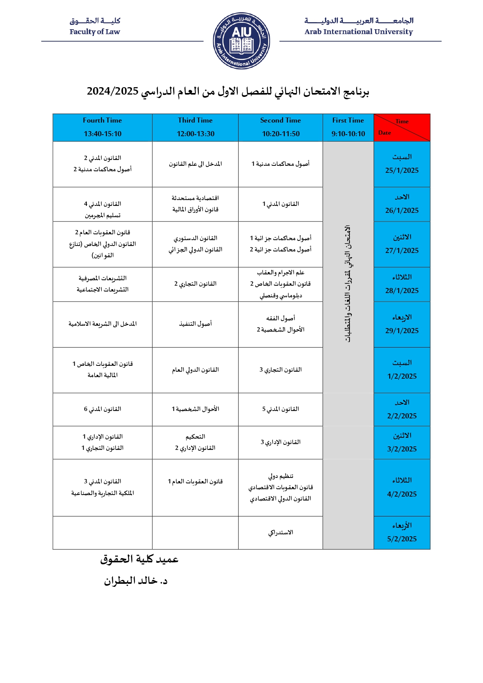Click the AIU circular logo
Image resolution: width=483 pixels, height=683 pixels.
coord(241,41)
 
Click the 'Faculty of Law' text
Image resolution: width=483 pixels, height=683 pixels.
coord(95,32)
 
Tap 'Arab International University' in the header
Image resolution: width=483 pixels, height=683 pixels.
coord(358,32)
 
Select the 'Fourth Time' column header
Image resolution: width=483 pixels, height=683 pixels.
coord(102,120)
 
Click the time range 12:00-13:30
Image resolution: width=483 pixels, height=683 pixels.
coord(195,134)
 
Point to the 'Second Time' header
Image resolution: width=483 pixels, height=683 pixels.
coord(280,120)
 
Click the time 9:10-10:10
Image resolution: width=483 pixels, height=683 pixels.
coord(348,134)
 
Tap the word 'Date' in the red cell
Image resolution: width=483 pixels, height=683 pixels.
coord(385,133)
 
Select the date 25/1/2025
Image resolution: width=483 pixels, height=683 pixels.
coord(402,170)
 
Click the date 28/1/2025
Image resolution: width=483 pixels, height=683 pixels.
coord(402,291)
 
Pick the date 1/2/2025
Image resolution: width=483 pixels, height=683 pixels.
coord(402,376)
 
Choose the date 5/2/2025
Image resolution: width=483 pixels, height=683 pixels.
coord(402,539)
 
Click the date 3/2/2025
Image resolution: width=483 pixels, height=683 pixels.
coord(402,449)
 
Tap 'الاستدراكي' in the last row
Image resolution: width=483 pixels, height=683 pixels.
coord(281,532)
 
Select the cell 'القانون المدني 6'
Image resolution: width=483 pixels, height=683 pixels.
coord(102,409)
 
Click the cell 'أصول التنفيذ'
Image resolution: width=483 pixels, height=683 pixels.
coord(195,324)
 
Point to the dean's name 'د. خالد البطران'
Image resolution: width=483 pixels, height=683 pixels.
coord(135,581)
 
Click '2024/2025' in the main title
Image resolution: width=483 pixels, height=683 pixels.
coord(112,91)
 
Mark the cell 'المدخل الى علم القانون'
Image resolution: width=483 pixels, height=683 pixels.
coord(195,164)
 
